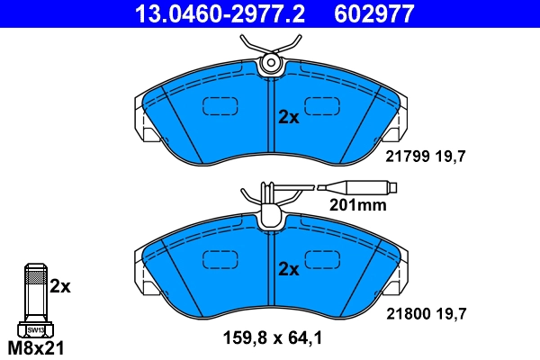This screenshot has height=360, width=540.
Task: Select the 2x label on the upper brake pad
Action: (288, 117)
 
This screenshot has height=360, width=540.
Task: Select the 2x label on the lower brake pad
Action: (288, 268)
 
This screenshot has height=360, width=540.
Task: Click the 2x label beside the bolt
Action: (59, 286)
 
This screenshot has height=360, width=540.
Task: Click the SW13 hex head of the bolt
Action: (34, 329)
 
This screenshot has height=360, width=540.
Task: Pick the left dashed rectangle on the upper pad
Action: (217, 107)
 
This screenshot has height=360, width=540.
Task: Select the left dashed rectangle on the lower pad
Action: (217, 258)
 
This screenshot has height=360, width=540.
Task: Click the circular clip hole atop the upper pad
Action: (270, 63)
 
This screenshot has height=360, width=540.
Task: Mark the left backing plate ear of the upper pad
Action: (144, 121)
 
